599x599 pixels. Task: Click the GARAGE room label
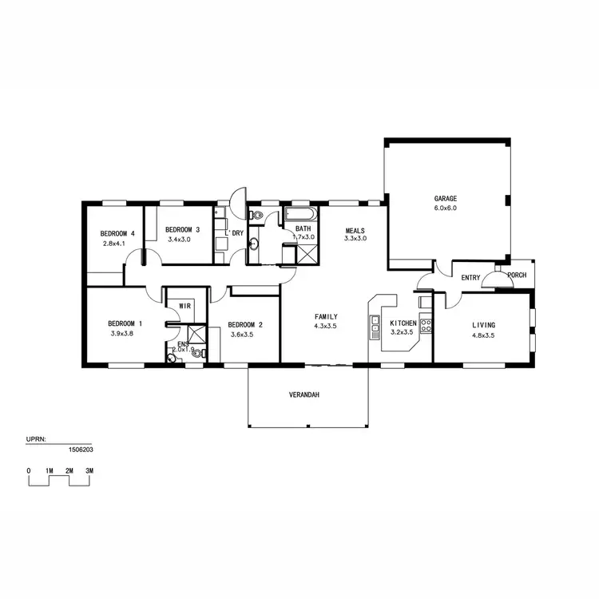point(446,198)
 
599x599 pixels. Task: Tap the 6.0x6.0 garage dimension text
point(446,208)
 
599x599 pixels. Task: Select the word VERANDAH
point(304,395)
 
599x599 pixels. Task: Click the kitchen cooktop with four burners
point(426,325)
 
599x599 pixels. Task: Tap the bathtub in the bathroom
point(301,215)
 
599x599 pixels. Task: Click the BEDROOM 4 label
point(117,233)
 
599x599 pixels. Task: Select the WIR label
point(184,306)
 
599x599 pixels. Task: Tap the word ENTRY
point(471,278)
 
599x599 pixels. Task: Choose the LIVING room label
point(483,325)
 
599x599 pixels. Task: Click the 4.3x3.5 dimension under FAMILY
point(327,326)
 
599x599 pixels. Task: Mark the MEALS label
point(355,231)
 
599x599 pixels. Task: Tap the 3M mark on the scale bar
point(89,471)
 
